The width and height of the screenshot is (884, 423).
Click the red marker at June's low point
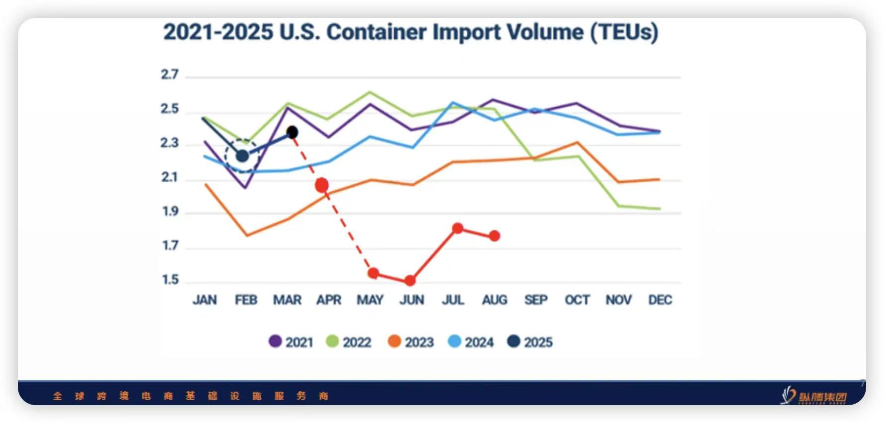pos(410,281)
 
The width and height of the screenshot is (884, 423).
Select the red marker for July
pos(458,228)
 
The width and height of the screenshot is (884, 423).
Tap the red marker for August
pos(494,236)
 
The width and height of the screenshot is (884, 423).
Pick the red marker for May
pos(373,273)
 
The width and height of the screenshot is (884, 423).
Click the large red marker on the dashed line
pos(322,185)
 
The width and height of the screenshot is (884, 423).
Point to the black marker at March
pos(293,133)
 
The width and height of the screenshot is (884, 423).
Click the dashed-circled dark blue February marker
pos(242,156)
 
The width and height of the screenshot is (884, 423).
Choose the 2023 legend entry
pos(411,342)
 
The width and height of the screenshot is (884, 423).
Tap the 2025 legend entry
pos(530,342)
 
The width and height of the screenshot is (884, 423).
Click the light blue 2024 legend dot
pos(454,342)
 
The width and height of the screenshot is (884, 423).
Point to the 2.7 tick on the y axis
pos(170,74)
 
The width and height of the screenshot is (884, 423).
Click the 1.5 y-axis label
pos(170,280)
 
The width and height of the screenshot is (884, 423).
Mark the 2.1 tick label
pos(170,177)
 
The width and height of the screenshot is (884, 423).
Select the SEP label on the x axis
pos(536,300)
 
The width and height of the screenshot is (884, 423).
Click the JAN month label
pos(205,300)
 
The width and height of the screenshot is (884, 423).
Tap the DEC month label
pos(660,300)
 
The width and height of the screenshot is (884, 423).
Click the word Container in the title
pos(376,32)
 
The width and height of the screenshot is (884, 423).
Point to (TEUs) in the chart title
pos(624,32)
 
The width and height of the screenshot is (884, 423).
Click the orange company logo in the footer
pos(814,396)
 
